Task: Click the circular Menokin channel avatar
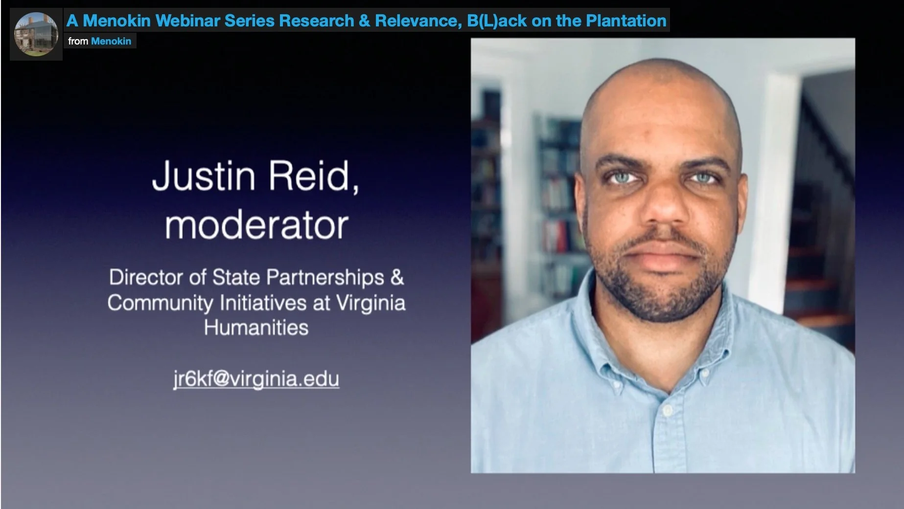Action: (36, 34)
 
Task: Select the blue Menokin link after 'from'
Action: (111, 41)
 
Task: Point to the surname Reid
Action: (312, 176)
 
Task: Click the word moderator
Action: (256, 226)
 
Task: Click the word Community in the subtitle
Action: (160, 303)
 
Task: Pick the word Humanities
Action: (256, 328)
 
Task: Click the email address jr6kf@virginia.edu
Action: (256, 379)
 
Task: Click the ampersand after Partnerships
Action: (397, 278)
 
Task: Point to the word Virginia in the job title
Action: (371, 303)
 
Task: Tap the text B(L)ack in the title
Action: (497, 21)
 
